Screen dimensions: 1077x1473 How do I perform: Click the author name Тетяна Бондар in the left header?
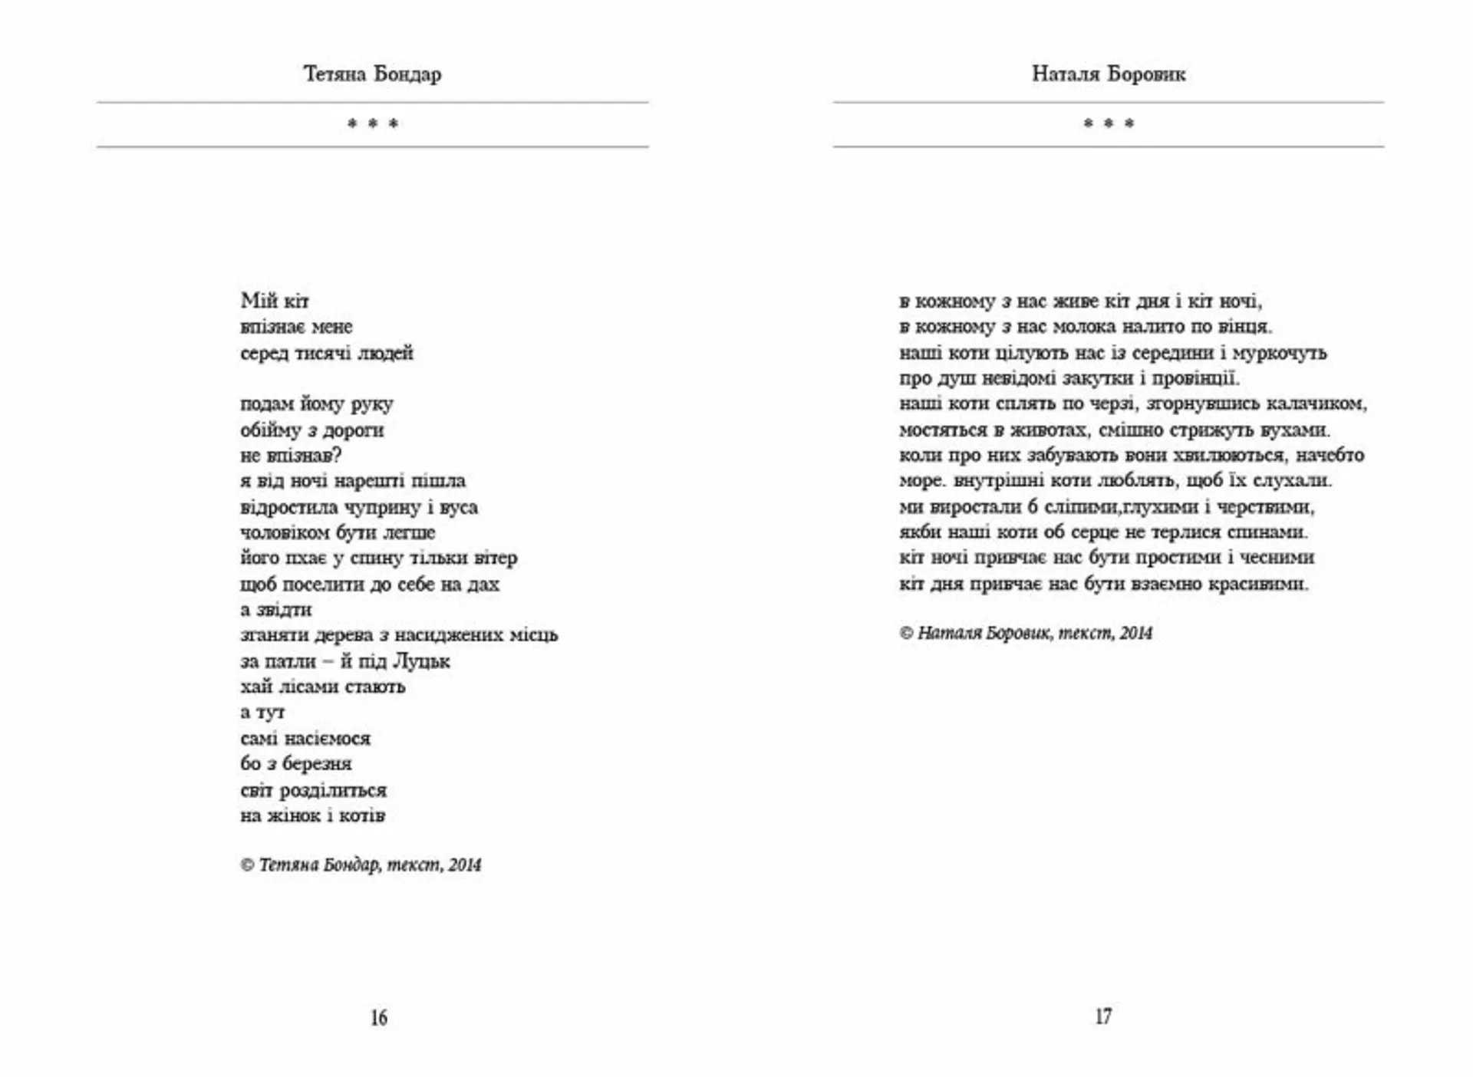pos(372,74)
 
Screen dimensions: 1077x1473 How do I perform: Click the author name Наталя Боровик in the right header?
pos(1109,74)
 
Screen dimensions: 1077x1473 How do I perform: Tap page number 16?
pos(379,1017)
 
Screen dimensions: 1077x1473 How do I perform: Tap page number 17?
pos(1103,1016)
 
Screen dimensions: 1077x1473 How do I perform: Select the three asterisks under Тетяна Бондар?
pos(373,124)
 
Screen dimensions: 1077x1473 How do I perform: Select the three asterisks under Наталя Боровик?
pos(1109,124)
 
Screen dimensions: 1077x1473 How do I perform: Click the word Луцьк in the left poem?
pos(421,660)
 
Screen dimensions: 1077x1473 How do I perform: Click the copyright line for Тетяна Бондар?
pos(361,865)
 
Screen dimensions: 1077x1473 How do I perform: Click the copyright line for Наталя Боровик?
pos(1026,633)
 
